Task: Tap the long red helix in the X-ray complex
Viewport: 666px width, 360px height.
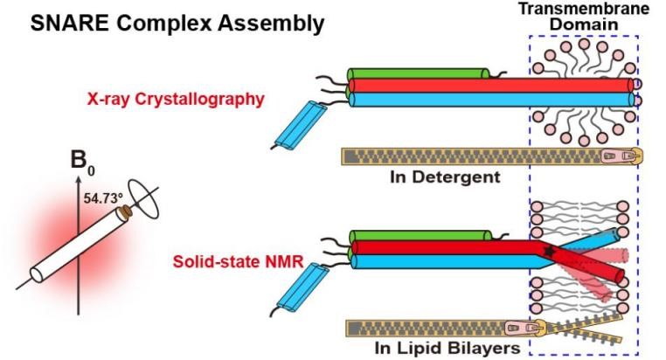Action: click(x=489, y=86)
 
